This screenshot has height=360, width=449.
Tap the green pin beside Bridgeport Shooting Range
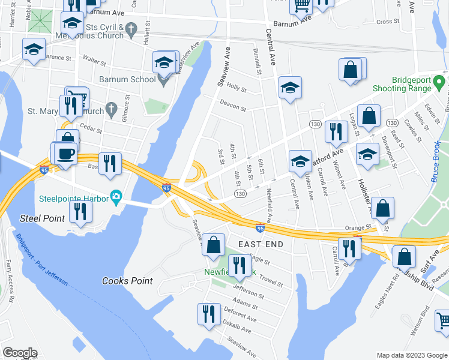click(x=439, y=80)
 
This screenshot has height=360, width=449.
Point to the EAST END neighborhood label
click(x=261, y=244)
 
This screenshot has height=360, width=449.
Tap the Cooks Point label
click(x=127, y=281)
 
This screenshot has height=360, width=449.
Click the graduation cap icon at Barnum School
click(x=164, y=62)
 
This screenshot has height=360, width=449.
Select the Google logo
click(x=20, y=353)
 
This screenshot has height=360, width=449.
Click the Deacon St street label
click(x=232, y=105)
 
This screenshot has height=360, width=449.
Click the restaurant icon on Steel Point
click(x=79, y=211)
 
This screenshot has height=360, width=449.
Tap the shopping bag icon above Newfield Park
click(x=213, y=244)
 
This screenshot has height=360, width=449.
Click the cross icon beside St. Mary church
click(x=110, y=109)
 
